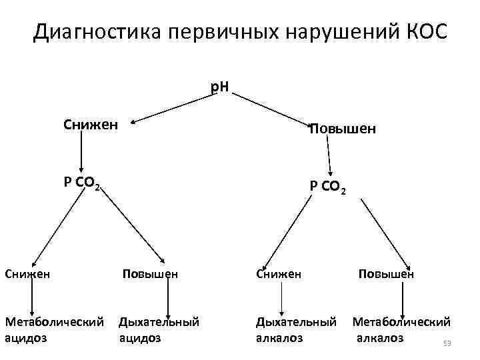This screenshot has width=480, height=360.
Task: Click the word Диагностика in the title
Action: (x=87, y=32)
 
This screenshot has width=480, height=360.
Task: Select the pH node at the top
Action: (x=219, y=87)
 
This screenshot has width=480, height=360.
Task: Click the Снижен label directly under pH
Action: (x=91, y=124)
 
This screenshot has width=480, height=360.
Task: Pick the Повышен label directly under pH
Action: (x=342, y=129)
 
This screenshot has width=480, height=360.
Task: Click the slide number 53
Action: (x=447, y=344)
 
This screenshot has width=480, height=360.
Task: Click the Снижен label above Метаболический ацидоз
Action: (x=27, y=273)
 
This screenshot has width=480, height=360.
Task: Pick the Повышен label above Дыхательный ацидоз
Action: (x=149, y=273)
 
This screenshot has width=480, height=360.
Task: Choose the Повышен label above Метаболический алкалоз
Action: (x=386, y=273)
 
